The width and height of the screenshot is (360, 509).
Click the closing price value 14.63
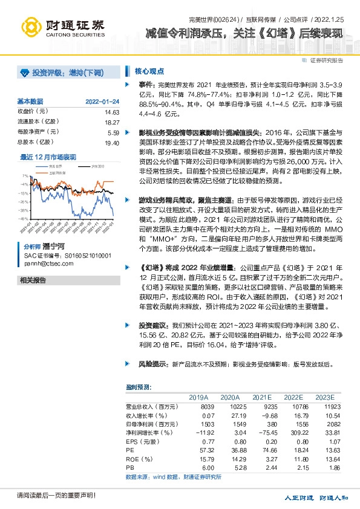pos(112,112)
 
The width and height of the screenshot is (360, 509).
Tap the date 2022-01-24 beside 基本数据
pos(102,101)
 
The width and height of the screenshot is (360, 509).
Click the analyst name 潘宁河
pos(53,247)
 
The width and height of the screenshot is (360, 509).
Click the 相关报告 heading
pos(33,280)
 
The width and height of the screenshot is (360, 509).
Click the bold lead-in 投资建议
pos(151,325)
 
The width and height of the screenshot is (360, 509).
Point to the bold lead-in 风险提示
pos(151,365)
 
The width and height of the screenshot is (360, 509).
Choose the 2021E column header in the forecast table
pos(261,398)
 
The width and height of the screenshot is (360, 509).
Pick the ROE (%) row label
pos(139,460)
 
